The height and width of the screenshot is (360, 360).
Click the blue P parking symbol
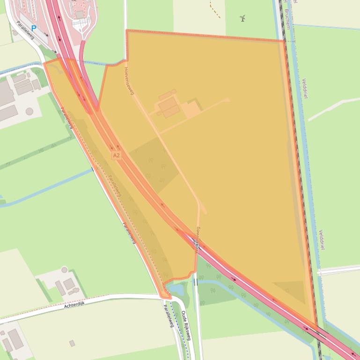pyautogui.click(x=34, y=29)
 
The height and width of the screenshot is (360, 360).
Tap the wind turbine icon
pyautogui.click(x=242, y=19)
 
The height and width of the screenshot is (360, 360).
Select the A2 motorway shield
pyautogui.click(x=117, y=155)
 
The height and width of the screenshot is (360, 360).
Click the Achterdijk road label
pyautogui.click(x=76, y=305)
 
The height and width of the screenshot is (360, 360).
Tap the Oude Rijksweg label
pyautogui.click(x=186, y=324)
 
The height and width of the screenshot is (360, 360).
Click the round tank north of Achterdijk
pyautogui.click(x=64, y=270)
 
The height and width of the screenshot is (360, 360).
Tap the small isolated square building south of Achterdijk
pyautogui.click(x=72, y=343)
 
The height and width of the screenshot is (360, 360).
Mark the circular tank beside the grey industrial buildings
pyautogui.click(x=29, y=111)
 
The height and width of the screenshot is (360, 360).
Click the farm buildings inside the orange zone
pyautogui.click(x=169, y=107)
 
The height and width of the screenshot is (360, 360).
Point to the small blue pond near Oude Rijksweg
pyautogui.click(x=176, y=290)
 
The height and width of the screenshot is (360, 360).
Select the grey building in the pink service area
pyautogui.click(x=80, y=14)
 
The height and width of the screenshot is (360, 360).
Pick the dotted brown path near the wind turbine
pyautogui.click(x=215, y=10)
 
